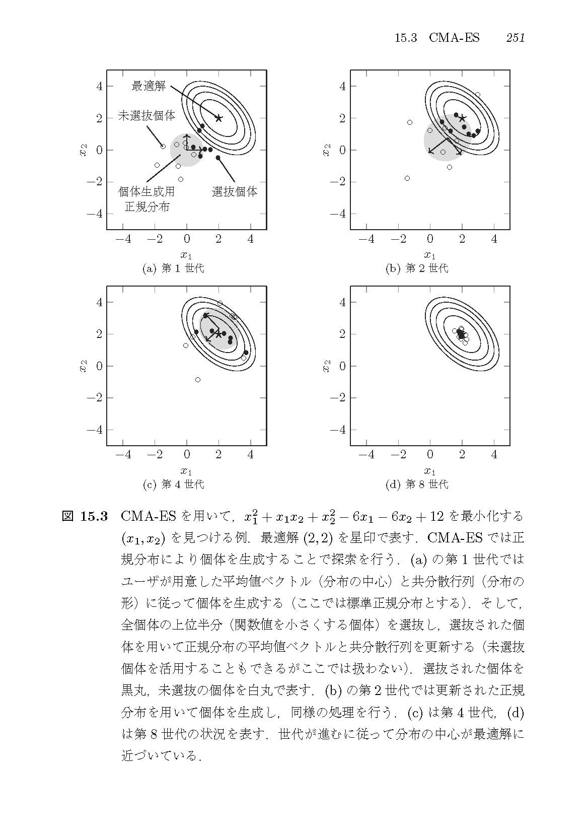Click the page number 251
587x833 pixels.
click(516, 38)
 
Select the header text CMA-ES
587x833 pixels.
click(454, 38)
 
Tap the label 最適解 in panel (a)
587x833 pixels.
click(149, 86)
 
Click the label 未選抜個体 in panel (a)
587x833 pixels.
click(146, 116)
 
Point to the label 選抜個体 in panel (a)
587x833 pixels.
click(235, 192)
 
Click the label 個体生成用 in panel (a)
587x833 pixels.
click(146, 192)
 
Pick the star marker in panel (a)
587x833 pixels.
click(218, 118)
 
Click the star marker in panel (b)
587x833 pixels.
click(462, 118)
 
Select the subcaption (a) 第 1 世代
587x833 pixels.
click(173, 268)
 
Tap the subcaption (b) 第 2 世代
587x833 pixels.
click(416, 268)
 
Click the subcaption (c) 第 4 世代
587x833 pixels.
click(173, 484)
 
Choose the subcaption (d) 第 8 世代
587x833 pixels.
click(416, 484)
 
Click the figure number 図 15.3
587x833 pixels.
click(85, 517)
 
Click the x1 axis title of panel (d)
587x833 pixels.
click(429, 471)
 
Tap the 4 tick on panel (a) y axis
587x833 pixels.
click(99, 86)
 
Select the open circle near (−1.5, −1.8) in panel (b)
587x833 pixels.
click(407, 178)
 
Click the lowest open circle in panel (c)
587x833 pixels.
click(198, 380)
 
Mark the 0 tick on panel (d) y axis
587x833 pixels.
click(343, 366)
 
